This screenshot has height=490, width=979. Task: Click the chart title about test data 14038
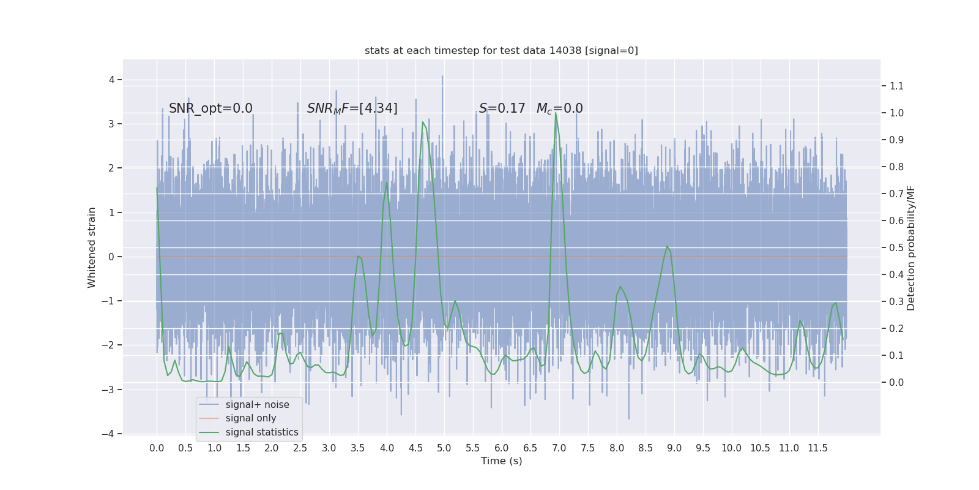click(501, 50)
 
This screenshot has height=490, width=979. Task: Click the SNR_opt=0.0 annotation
click(210, 108)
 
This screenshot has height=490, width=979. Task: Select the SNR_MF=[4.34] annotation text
click(352, 108)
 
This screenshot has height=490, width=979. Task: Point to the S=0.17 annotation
click(502, 108)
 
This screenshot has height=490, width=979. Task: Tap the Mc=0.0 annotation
click(559, 108)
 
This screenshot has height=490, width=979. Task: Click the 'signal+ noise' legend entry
click(257, 405)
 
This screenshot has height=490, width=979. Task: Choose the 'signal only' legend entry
click(251, 418)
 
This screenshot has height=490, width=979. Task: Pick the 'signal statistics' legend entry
click(262, 432)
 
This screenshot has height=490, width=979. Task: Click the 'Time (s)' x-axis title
click(501, 461)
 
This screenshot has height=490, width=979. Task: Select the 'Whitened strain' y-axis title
click(92, 247)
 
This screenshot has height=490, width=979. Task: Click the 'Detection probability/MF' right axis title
click(911, 247)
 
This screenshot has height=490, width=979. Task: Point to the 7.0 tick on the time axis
click(559, 448)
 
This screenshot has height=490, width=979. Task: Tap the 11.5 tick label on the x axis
click(817, 448)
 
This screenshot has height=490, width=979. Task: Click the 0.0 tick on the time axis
click(157, 448)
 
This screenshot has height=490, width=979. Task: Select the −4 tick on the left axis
click(110, 434)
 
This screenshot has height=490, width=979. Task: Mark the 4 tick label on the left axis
click(112, 80)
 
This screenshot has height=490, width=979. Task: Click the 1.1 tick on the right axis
click(896, 86)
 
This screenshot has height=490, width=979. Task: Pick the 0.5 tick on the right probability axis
click(896, 247)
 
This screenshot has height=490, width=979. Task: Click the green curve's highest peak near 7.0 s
click(556, 114)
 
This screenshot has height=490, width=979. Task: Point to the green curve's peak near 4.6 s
click(422, 122)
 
